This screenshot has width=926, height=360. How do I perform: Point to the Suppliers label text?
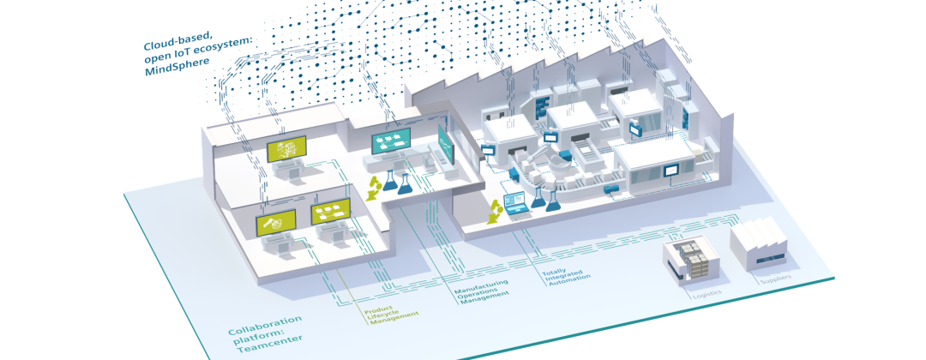click(775, 279)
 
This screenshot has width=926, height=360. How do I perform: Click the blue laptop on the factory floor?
click(519, 204)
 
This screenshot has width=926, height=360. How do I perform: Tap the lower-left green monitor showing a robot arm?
click(275, 223)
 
